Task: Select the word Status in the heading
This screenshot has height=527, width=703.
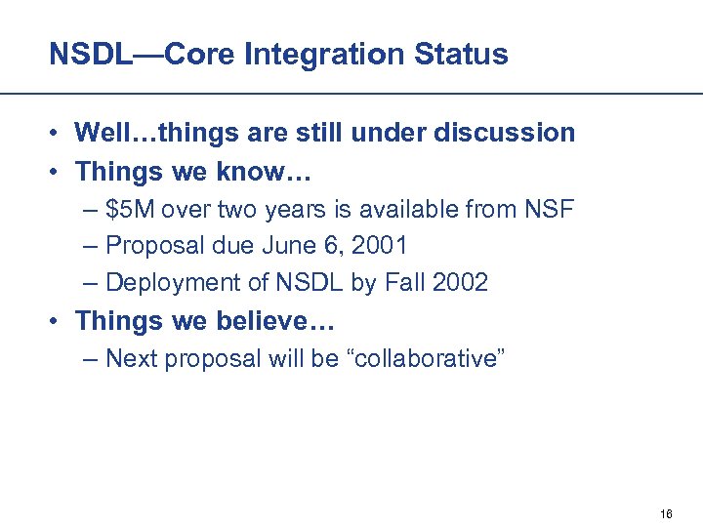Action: pyautogui.click(x=463, y=55)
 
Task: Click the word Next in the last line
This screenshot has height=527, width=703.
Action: pyautogui.click(x=132, y=359)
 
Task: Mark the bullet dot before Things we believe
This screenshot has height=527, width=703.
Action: pyautogui.click(x=60, y=321)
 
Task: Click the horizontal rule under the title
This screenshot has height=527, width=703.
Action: pyautogui.click(x=351, y=94)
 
